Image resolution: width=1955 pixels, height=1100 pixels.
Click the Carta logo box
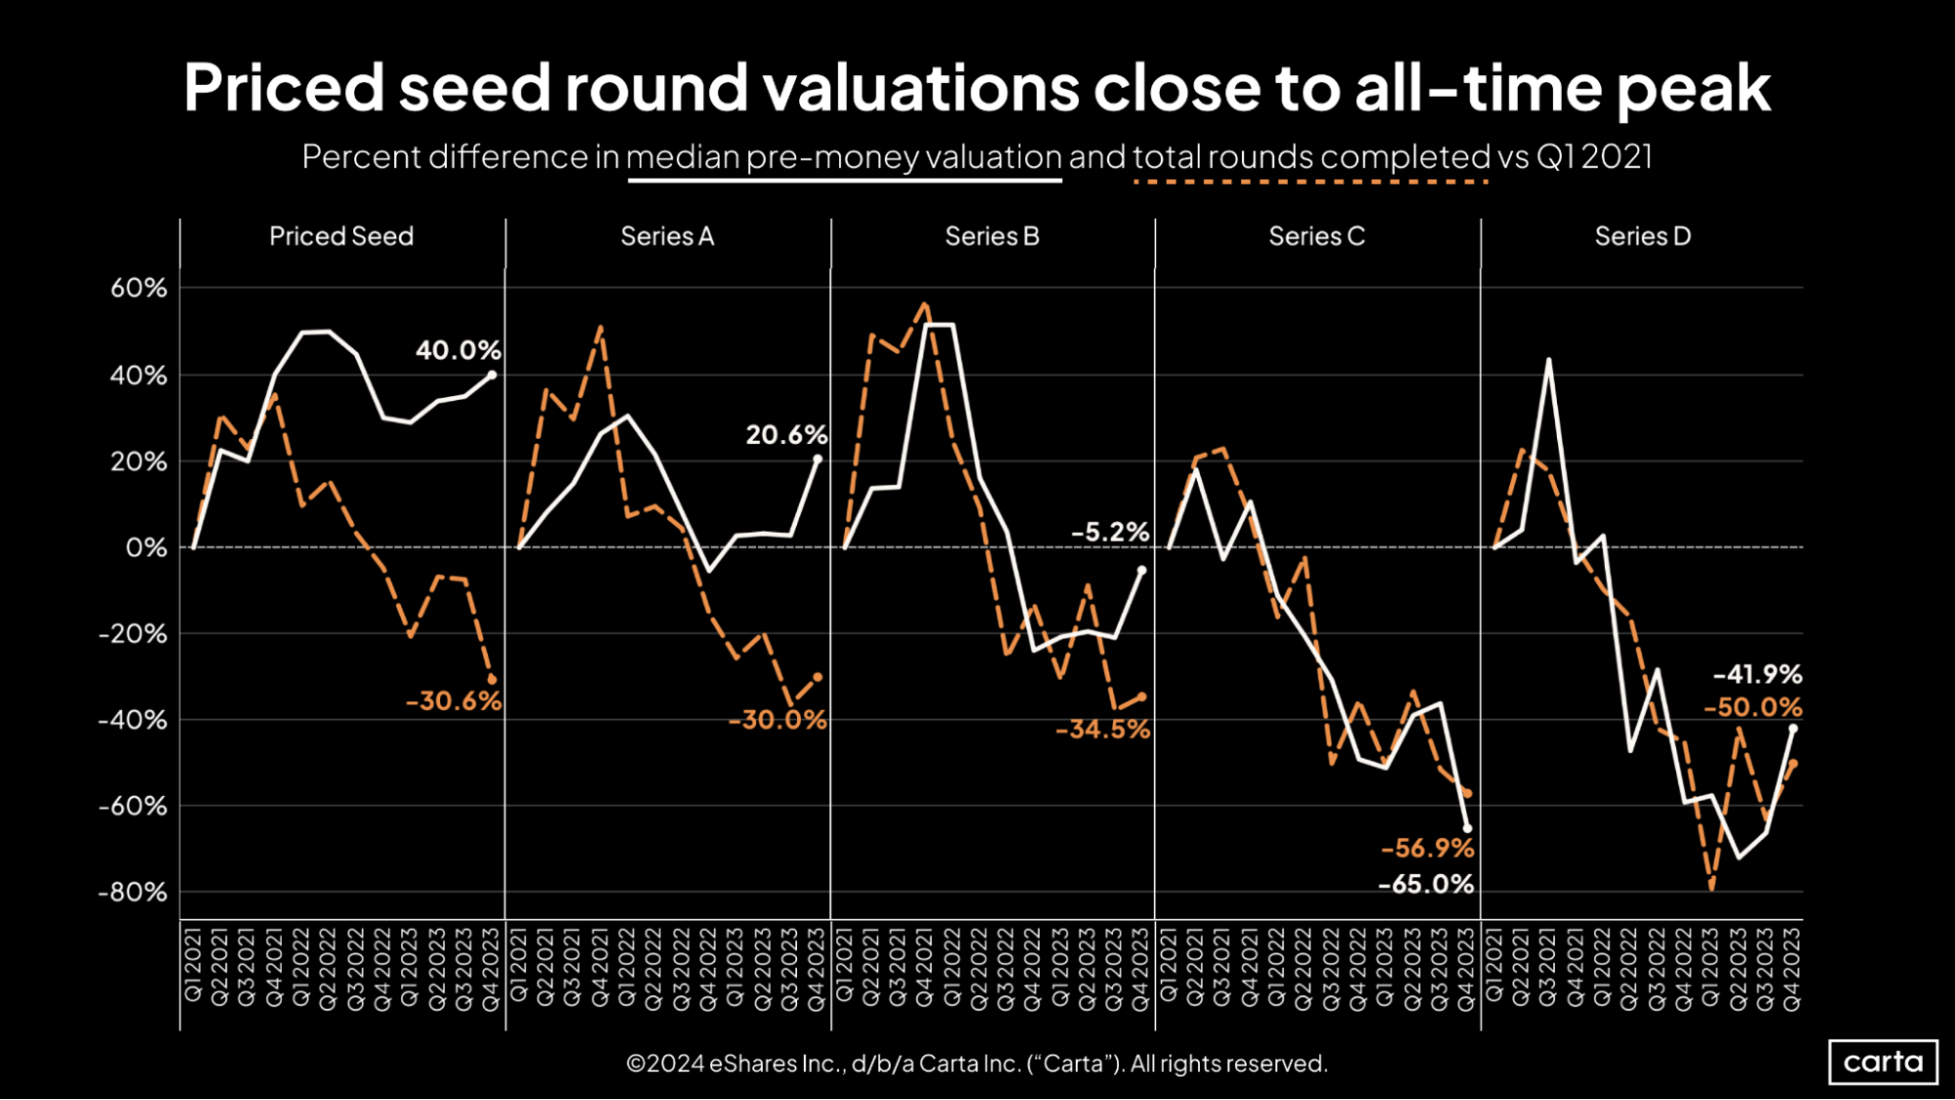click(1883, 1062)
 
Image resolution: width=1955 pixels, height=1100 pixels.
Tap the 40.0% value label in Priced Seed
click(458, 350)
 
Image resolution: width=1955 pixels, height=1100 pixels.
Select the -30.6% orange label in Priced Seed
click(453, 701)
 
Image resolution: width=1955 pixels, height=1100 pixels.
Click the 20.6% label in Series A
click(786, 435)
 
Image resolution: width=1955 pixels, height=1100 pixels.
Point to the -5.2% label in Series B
click(1110, 532)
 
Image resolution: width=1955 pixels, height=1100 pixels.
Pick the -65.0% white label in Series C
click(1425, 885)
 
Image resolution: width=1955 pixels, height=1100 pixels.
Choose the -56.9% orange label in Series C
click(1427, 848)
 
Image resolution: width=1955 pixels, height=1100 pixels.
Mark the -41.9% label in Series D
click(1756, 675)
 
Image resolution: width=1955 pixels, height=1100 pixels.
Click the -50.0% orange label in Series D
click(1753, 708)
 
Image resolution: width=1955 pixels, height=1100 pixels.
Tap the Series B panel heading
click(992, 237)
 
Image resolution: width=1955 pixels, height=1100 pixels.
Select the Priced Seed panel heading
click(341, 237)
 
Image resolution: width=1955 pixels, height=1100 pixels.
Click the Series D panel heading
click(1642, 237)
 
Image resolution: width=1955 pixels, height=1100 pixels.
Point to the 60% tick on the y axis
click(138, 288)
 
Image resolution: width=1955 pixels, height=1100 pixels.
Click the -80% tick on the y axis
click(132, 893)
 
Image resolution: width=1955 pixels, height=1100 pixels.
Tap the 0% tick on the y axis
click(146, 548)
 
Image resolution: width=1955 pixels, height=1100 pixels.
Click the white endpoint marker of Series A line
click(818, 459)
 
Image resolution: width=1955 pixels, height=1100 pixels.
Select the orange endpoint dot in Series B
click(1141, 697)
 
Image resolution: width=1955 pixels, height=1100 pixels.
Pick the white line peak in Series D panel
click(1548, 360)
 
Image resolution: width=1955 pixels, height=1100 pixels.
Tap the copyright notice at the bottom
click(976, 1064)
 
